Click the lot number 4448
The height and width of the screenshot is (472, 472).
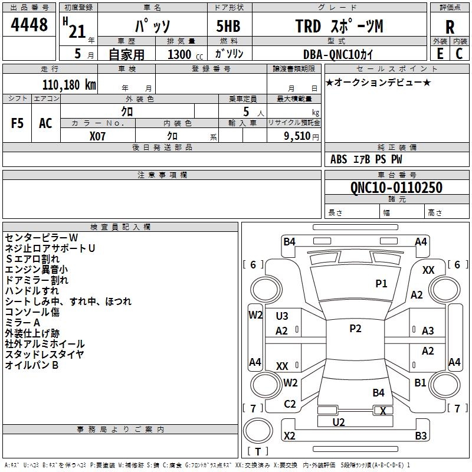tap(29, 24)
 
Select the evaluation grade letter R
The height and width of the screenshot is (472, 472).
tap(450, 27)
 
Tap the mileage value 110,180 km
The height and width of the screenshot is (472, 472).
tap(69, 85)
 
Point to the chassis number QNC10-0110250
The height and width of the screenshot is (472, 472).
tap(396, 188)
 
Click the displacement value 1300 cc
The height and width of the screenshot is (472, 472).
tap(185, 54)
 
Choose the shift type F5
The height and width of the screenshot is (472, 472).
tap(17, 123)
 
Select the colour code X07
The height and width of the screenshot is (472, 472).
tap(97, 136)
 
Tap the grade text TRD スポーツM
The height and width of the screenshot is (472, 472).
tap(339, 26)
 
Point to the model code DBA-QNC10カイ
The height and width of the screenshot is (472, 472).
tap(337, 54)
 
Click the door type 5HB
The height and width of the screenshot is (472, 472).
tap(228, 26)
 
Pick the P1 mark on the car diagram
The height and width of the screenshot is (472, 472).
tap(381, 283)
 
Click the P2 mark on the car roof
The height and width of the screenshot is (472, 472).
tap(355, 329)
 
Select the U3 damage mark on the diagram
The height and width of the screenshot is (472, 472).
tap(282, 316)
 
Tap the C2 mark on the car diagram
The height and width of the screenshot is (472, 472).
tap(290, 404)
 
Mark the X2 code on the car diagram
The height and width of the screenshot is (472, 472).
tap(289, 435)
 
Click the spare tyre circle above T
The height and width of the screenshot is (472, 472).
tap(258, 430)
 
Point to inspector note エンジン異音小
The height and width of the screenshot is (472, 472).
tap(36, 270)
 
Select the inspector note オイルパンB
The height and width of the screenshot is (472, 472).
tap(32, 365)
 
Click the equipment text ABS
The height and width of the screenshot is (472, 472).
tap(339, 159)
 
